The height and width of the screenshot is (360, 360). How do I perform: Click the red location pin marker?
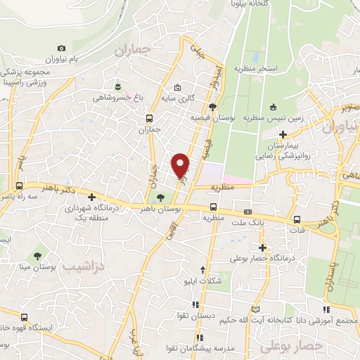181,165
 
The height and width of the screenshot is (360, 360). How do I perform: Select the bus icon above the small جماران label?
148,118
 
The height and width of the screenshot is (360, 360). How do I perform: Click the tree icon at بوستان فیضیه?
212,105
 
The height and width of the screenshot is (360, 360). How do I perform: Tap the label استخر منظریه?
274,68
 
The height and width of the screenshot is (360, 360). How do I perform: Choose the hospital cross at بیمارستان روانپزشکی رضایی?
283,134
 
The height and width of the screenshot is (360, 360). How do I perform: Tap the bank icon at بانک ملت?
247,212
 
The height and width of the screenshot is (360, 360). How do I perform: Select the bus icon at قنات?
297,218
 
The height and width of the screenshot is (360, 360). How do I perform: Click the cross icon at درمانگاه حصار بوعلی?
262,247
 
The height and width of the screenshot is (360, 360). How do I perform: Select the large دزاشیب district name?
82,267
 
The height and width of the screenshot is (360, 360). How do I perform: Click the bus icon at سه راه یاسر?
19,186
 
